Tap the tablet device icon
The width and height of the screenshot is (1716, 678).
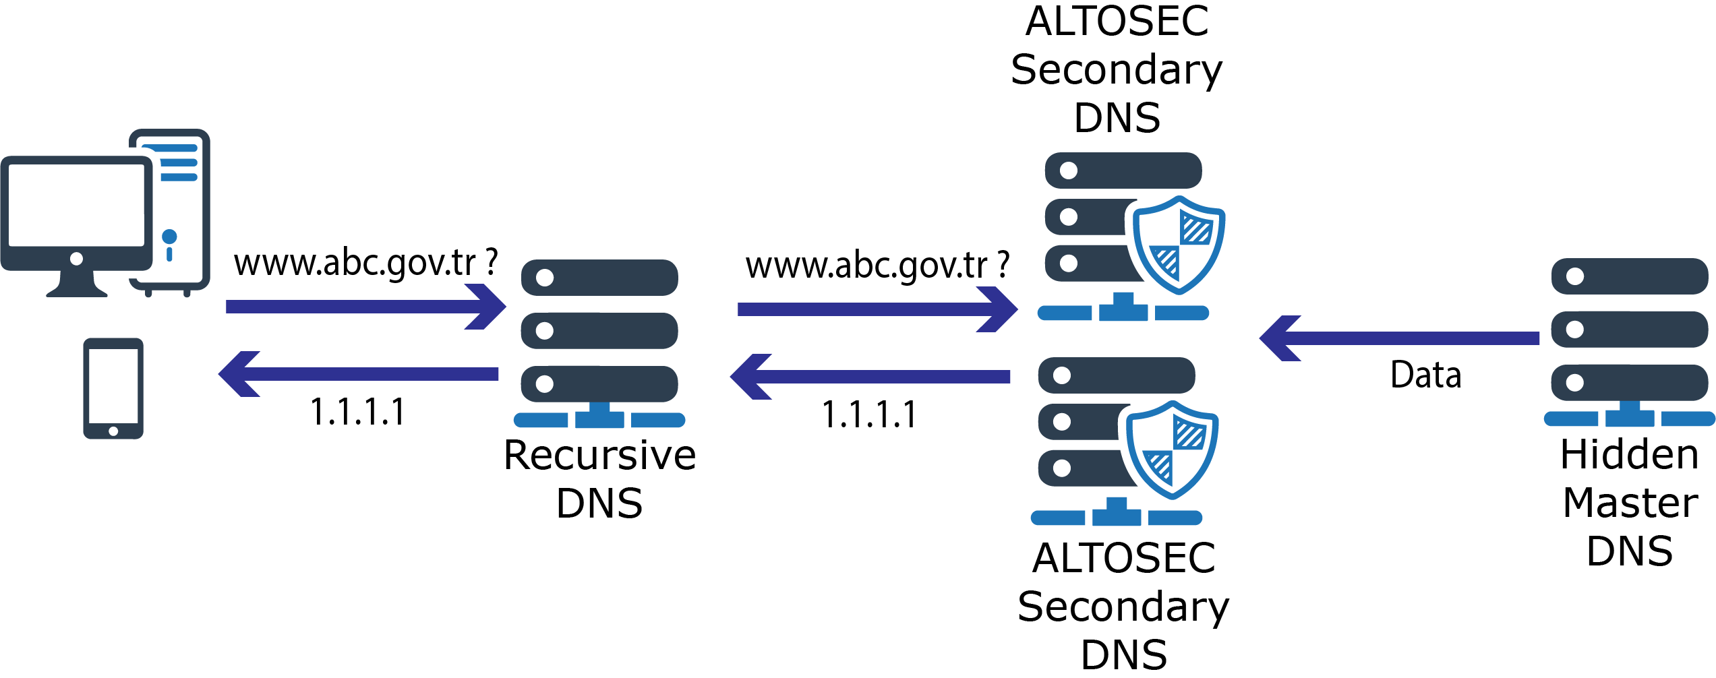click(113, 389)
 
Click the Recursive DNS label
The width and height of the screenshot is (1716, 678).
click(599, 479)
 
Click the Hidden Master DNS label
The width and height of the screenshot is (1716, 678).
click(1629, 503)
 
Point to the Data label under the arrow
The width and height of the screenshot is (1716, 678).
click(1425, 375)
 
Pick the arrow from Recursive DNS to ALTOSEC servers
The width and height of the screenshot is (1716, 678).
click(877, 309)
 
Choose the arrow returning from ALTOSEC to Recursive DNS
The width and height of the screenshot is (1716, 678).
click(870, 377)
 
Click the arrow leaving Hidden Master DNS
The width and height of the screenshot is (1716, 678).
click(1399, 338)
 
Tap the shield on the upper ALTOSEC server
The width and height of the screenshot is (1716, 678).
click(1179, 245)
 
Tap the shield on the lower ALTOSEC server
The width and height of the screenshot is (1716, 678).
click(1172, 450)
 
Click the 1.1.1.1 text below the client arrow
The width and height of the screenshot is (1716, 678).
click(357, 412)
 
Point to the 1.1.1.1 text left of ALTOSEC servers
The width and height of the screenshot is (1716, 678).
click(870, 415)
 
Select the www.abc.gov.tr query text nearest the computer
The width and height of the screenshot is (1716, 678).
click(365, 263)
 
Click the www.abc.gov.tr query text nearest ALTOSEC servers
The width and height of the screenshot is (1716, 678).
click(877, 266)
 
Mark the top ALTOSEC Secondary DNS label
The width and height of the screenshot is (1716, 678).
click(1117, 69)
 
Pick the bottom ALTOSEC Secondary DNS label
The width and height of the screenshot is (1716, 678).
click(1123, 606)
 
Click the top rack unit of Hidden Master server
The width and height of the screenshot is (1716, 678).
click(1629, 276)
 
